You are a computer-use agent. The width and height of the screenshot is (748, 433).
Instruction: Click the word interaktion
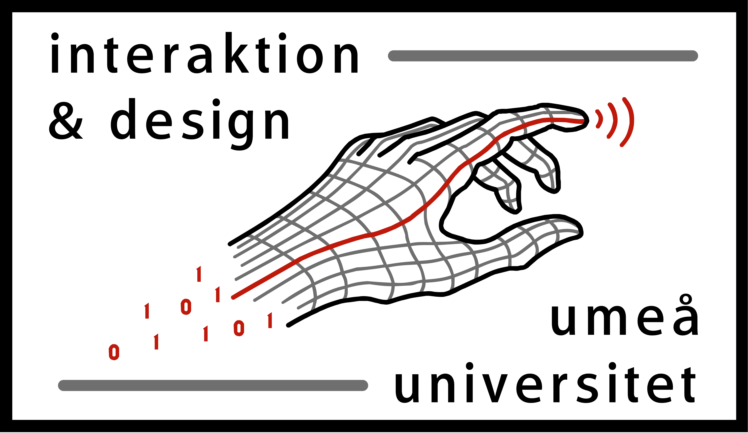(205, 52)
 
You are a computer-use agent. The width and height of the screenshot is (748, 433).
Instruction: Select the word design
(200, 124)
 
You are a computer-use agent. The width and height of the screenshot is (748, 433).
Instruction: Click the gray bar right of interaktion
(543, 56)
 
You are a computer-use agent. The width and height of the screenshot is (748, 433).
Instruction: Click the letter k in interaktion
(237, 52)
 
